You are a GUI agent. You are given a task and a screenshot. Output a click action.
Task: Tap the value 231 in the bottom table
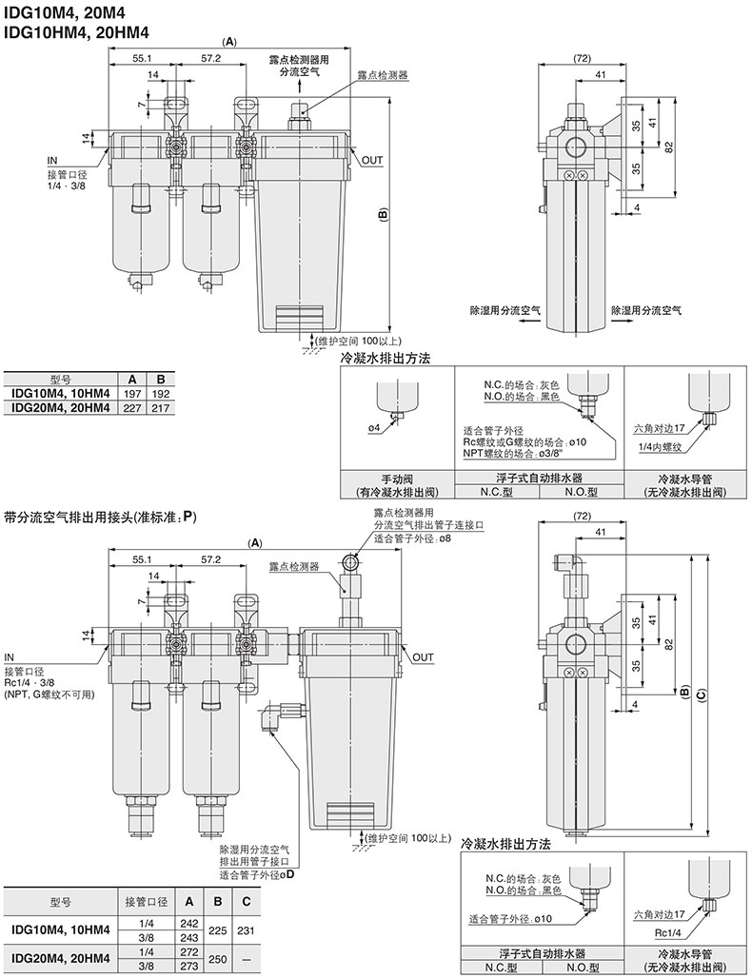247,931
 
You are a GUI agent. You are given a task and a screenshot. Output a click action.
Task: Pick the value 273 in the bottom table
188,968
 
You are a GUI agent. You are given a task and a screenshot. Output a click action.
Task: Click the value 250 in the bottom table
218,960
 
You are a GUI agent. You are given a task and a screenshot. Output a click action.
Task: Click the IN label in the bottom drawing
10,657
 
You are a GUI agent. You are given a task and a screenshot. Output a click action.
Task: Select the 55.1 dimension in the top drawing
144,58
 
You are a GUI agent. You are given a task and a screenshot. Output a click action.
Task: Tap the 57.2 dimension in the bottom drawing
211,558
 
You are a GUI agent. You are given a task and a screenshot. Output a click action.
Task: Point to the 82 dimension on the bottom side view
671,646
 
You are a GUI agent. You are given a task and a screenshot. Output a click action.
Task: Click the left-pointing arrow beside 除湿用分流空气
524,323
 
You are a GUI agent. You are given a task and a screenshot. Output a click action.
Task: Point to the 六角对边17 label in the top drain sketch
658,430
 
